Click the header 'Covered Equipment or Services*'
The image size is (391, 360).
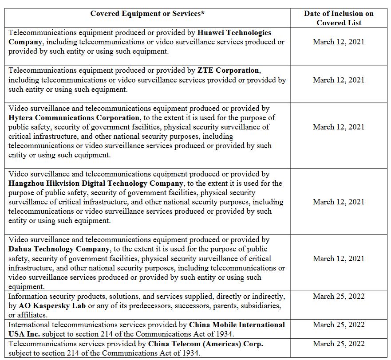coord(147,14)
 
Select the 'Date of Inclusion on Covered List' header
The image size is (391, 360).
coord(339,18)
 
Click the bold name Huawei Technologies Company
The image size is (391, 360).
coord(234,33)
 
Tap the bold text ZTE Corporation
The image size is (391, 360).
coord(228,70)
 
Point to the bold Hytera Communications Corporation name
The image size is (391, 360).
coord(74,117)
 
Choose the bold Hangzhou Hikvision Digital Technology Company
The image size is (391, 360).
coord(95,184)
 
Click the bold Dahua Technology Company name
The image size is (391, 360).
coord(59,249)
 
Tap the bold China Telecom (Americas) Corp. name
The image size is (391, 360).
coord(205,344)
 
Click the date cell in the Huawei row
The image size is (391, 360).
coord(339,42)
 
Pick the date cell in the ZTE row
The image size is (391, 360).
coord(339,80)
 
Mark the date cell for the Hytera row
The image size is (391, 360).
coord(339,127)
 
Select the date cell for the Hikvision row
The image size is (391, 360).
coord(339,202)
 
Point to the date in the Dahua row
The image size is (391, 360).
coord(339,259)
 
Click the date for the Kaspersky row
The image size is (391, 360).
coord(339,297)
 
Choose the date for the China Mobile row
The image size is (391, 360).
coord(339,325)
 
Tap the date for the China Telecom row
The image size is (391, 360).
coord(339,344)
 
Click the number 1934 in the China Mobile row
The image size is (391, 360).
coord(224,334)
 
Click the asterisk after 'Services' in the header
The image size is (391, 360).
coord(203,13)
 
